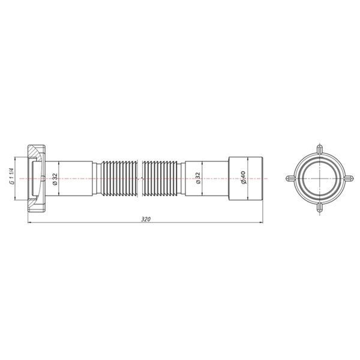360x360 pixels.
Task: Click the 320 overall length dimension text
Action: pos(146,219)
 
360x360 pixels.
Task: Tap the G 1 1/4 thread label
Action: pos(12,176)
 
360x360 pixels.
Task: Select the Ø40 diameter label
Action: pos(243,177)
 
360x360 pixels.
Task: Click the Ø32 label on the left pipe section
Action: pos(55,179)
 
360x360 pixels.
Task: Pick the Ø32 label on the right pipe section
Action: pos(198,178)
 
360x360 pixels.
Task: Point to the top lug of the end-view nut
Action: pos(320,149)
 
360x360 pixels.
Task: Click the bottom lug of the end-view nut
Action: pos(320,208)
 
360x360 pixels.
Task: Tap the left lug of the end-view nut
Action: pos(290,178)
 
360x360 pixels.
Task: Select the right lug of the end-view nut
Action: pos(349,178)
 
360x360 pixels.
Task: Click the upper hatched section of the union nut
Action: pos(34,152)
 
